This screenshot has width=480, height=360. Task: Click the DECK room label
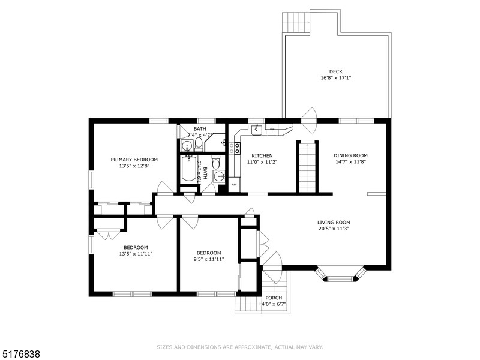pos(336,71)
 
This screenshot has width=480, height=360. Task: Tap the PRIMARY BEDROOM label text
pos(134,160)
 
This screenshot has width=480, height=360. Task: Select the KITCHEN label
pos(262,155)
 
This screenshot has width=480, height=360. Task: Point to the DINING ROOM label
pos(350,155)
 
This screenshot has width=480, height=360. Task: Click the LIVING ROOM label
pos(334,223)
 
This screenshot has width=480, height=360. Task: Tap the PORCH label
pos(274,298)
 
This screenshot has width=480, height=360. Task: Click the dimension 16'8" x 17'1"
pos(336,78)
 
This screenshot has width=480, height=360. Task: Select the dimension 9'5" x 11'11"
pos(209,259)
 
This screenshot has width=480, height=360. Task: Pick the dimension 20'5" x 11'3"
pos(334,229)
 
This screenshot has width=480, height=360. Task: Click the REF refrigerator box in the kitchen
pos(235,185)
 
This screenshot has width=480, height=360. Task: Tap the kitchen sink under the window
pos(257,130)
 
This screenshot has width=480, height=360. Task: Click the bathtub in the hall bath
pos(188,169)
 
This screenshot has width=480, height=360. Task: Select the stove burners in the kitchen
pos(237,148)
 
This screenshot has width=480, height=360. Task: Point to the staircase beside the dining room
pos(307,167)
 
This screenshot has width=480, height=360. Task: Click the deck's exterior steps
pos(296,22)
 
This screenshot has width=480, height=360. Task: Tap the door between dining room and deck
pos(308,121)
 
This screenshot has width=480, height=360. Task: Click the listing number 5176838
pos(20,355)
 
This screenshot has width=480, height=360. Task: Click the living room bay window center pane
pos(340,278)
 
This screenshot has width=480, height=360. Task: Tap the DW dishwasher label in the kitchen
pos(272,130)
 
